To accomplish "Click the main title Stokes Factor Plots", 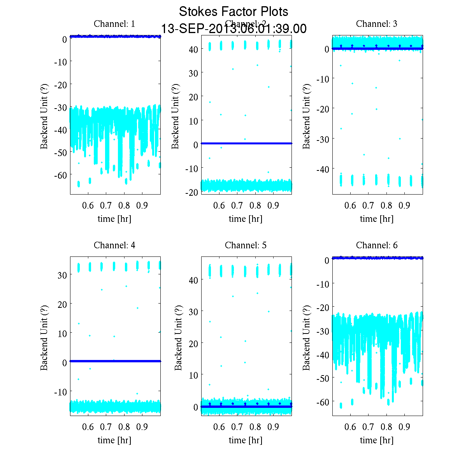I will tap(233, 12).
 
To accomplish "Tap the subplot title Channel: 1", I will tap(114, 24).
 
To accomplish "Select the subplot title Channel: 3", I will tap(377, 24).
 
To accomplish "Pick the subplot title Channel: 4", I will tap(114, 245).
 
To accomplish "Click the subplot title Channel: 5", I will tap(246, 245).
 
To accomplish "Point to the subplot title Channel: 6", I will tap(377, 245).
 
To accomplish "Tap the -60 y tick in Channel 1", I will tap(60, 175).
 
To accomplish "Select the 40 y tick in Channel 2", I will tap(193, 49).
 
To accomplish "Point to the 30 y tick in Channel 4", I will tap(62, 275).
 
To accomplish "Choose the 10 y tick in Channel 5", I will tap(193, 375).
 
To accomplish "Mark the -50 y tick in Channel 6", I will tap(322, 378).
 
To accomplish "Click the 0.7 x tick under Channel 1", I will tap(106, 205).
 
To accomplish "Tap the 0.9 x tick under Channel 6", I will tap(404, 427).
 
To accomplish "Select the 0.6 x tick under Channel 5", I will tap(219, 427).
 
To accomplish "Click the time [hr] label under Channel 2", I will tap(246, 219).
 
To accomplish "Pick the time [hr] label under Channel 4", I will tap(114, 440).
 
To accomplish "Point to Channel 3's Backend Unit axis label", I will tap(307, 116).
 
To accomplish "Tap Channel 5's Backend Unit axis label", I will tap(178, 337).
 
